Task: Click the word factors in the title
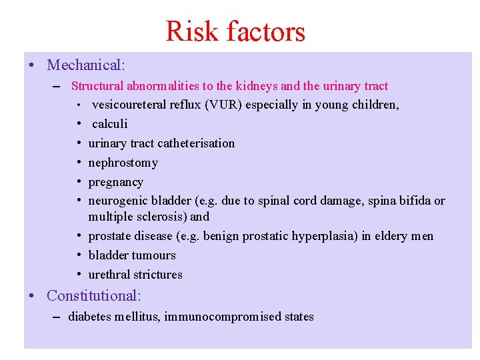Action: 265,31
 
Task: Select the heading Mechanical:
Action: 86,65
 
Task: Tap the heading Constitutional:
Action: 94,295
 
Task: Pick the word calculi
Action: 109,124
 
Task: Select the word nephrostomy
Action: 123,163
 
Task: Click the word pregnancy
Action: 115,182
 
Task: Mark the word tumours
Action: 154,255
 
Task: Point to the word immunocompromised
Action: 214,317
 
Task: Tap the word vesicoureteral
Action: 129,105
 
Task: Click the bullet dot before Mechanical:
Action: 32,66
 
